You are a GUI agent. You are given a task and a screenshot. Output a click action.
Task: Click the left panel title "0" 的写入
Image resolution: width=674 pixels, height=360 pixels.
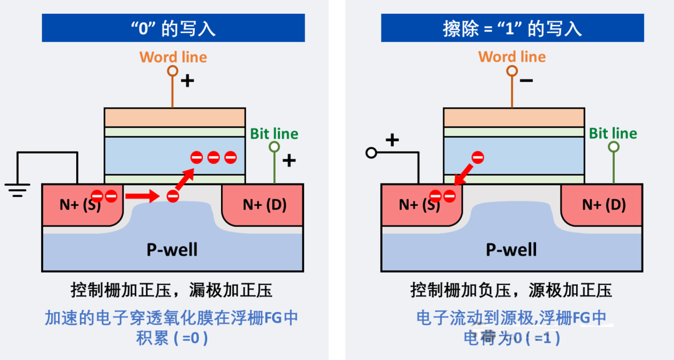173,28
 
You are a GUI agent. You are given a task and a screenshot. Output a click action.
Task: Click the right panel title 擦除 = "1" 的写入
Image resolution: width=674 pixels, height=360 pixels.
512,28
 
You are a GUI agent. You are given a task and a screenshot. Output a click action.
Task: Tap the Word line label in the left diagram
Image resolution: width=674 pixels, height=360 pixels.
173,57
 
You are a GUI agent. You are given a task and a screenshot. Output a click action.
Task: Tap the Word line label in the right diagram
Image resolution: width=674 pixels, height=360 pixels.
512,57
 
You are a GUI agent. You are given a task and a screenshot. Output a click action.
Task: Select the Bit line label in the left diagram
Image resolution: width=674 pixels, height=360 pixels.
274,134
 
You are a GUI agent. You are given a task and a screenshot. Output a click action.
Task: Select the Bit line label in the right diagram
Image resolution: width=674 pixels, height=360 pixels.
613,134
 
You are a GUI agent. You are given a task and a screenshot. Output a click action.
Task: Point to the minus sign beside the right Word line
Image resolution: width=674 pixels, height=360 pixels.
526,80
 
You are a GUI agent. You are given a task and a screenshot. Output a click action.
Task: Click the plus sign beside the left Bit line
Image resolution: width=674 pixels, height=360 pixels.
289,160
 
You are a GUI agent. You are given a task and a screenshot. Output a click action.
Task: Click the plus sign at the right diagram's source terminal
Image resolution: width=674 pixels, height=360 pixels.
392,140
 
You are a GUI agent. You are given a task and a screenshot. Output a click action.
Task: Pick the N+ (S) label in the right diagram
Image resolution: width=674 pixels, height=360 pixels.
417,205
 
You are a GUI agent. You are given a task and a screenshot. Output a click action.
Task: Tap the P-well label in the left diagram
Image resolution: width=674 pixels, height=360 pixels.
172,250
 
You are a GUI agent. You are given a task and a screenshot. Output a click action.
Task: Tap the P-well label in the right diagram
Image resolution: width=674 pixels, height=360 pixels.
512,250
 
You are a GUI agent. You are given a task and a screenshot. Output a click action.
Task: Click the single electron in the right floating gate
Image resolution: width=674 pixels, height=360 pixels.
477,158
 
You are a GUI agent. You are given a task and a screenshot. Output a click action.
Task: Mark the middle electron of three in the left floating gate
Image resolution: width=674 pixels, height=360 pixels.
213,158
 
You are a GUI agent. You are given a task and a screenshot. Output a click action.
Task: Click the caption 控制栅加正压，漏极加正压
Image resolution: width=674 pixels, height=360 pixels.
172,290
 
